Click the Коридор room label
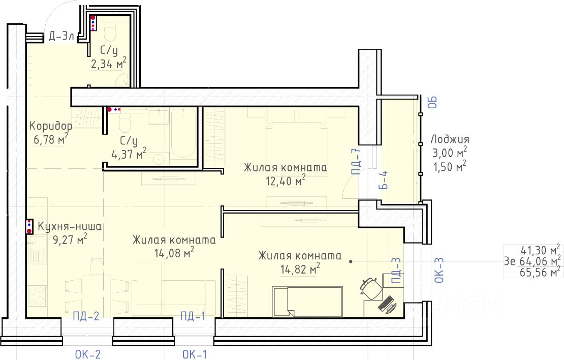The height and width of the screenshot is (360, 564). (51, 126)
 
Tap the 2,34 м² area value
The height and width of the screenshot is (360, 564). (109, 64)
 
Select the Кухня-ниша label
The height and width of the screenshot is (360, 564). (70, 226)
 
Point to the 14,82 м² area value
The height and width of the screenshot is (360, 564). (300, 268)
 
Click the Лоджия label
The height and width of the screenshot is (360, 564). (450, 139)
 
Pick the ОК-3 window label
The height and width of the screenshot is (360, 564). (440, 270)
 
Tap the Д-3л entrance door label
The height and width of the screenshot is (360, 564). (61, 36)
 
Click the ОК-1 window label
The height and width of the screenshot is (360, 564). (195, 354)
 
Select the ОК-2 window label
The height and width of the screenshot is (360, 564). (88, 354)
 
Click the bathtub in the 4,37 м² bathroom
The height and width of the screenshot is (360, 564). (183, 133)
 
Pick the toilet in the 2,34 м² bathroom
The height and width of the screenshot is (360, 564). (110, 31)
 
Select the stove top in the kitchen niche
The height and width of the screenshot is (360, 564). (37, 295)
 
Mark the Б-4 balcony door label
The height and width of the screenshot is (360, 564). (384, 180)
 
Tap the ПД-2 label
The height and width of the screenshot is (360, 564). (85, 316)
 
